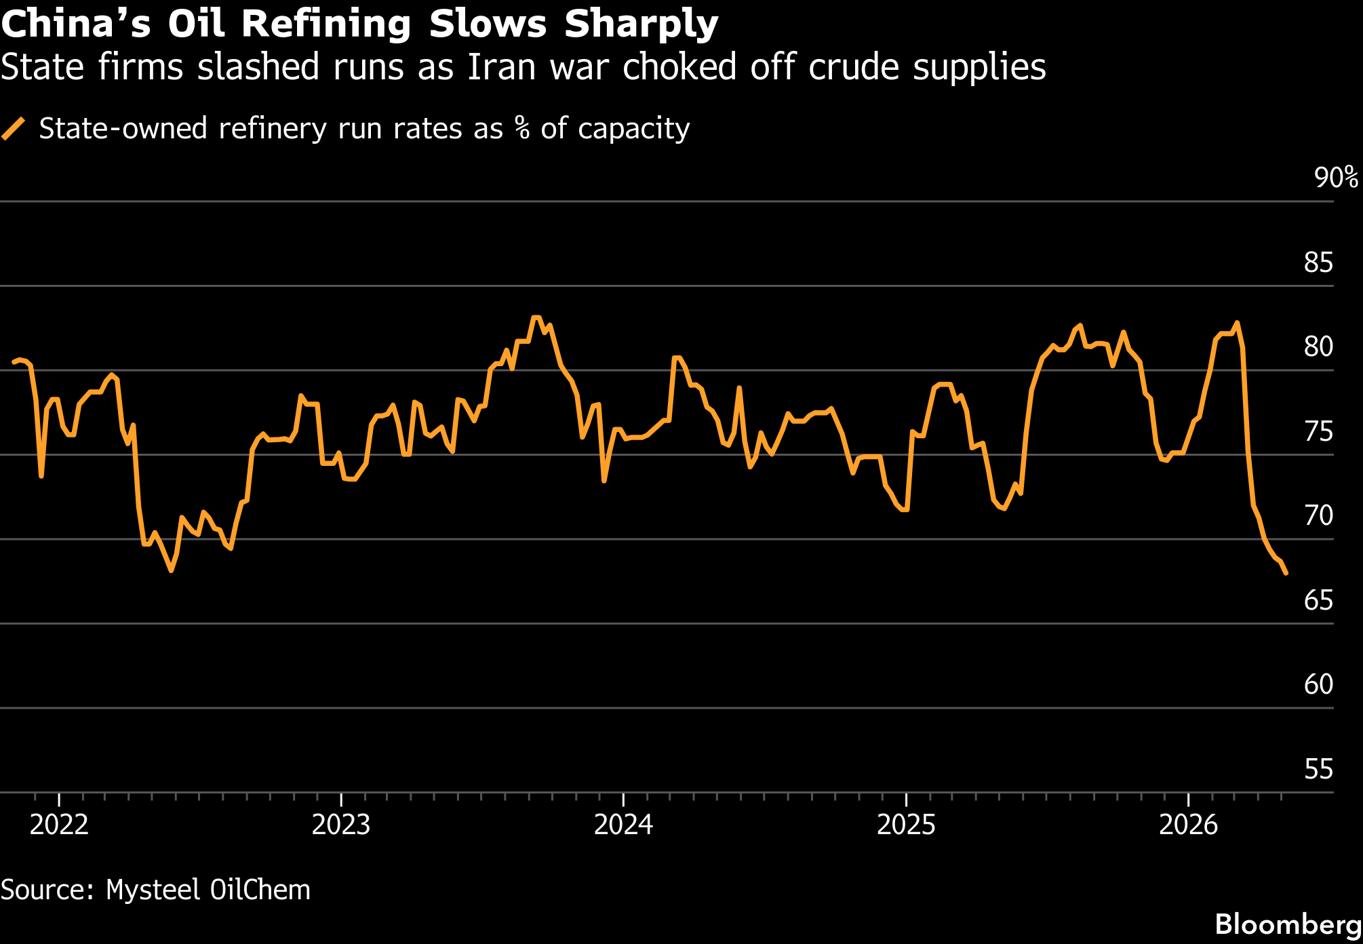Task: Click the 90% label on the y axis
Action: tap(1337, 178)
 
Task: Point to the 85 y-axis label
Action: tap(1318, 262)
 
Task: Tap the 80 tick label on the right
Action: tap(1318, 347)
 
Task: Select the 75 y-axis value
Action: tap(1318, 431)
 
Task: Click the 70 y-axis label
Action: tap(1318, 515)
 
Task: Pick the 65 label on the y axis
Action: tap(1318, 600)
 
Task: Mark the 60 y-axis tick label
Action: tap(1318, 684)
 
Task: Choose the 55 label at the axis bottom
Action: tap(1318, 769)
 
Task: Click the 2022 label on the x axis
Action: tap(60, 825)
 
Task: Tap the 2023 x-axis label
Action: tap(341, 825)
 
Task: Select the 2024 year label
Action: tap(624, 825)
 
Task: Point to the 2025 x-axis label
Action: tap(906, 825)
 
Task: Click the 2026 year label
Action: tap(1189, 825)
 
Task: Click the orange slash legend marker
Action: tap(14, 128)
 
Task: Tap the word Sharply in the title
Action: tap(641, 25)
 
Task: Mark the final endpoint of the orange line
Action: tap(1286, 573)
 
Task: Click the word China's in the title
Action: tap(76, 24)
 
